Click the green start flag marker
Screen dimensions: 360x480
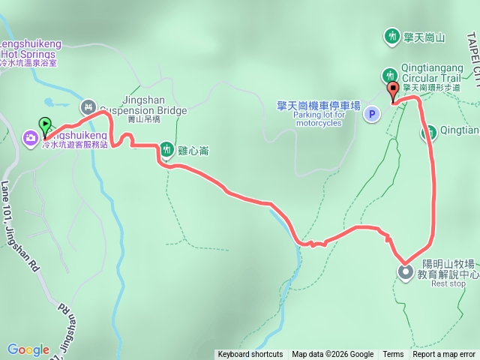(46, 125)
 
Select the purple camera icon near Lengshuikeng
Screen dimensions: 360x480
(31, 137)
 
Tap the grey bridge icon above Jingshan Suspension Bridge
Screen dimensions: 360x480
(88, 107)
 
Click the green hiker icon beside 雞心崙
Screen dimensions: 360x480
(167, 150)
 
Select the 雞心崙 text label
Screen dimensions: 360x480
(193, 151)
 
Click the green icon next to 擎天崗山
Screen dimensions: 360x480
(391, 35)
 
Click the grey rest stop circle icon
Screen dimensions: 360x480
(405, 271)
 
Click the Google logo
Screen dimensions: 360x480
(28, 349)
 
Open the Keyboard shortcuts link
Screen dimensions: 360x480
(250, 355)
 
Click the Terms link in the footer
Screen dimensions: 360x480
(393, 355)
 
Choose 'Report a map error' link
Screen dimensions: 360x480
(444, 355)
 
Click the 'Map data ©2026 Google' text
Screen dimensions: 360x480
(332, 355)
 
